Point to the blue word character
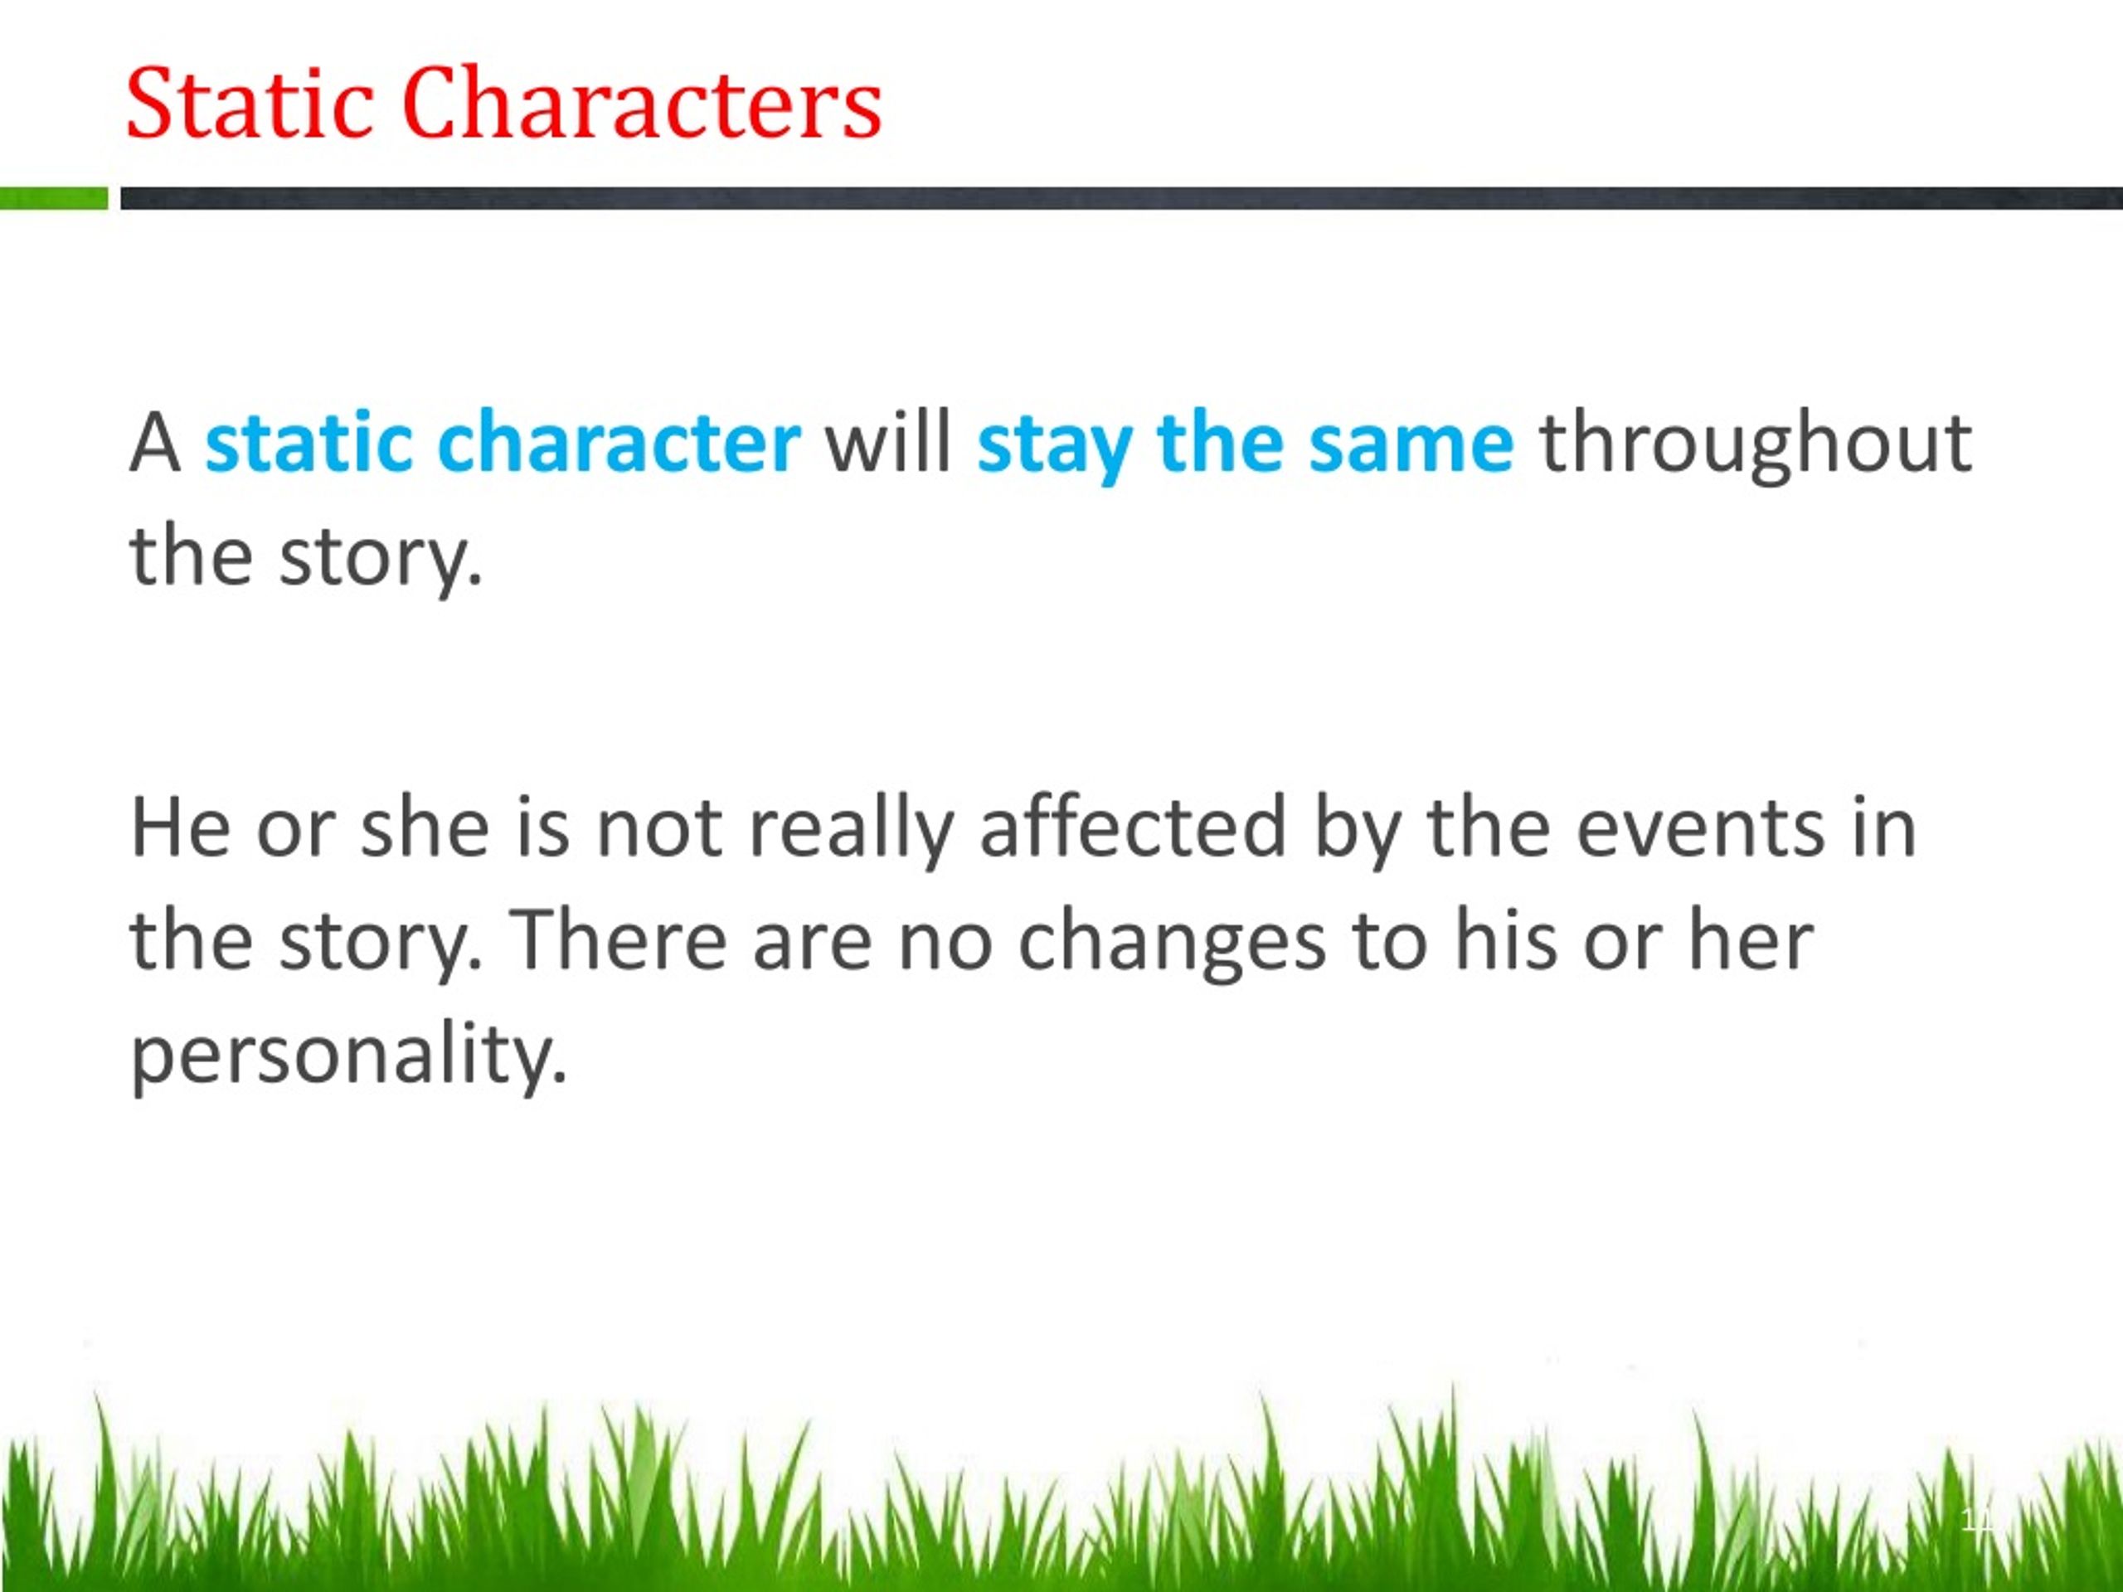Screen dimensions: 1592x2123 coord(618,443)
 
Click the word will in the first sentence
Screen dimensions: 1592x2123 coord(889,443)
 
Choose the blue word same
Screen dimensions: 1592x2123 coord(1411,444)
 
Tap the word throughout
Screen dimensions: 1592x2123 coord(1756,444)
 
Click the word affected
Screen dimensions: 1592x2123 coord(1133,828)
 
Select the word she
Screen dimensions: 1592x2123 coord(425,828)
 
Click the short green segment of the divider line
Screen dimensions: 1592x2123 coord(54,199)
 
